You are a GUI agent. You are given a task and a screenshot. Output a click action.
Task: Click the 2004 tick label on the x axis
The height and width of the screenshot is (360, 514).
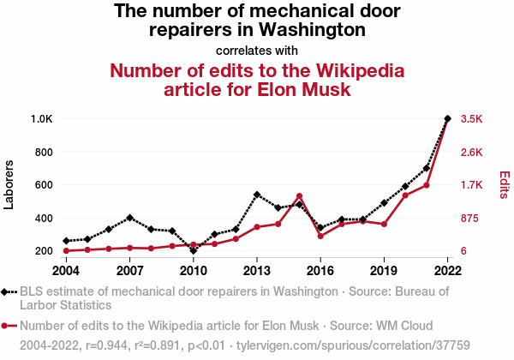click(x=66, y=271)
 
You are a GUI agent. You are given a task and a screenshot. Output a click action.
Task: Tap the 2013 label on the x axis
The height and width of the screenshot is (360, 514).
click(x=257, y=271)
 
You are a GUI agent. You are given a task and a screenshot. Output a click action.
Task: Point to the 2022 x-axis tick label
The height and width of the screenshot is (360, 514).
click(x=447, y=271)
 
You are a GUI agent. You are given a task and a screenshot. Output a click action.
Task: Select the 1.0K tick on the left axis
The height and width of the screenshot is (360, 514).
click(x=41, y=119)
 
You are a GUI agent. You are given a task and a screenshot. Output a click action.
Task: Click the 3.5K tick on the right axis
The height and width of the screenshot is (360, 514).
click(x=473, y=119)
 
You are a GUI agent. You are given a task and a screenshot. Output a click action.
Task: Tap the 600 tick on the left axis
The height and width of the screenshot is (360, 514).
click(x=44, y=185)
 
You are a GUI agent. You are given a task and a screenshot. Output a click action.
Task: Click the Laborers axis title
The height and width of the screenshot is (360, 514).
click(x=9, y=184)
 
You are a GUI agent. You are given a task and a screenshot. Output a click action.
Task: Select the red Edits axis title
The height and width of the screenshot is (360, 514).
click(x=505, y=185)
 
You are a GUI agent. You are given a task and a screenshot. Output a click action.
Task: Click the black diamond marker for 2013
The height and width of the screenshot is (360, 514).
click(x=257, y=195)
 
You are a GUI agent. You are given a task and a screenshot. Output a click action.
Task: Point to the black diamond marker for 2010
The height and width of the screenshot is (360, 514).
click(x=194, y=251)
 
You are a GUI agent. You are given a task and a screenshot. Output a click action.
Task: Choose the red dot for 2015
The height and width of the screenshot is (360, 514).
click(x=299, y=196)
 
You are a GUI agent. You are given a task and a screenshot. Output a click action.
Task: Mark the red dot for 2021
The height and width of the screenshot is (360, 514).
click(x=427, y=185)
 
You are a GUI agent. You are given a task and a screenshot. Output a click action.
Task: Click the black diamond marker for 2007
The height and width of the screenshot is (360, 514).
click(x=129, y=218)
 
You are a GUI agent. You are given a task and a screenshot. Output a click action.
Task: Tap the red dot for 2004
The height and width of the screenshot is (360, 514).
click(x=66, y=251)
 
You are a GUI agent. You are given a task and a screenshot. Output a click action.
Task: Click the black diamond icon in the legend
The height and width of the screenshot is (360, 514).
click(x=7, y=291)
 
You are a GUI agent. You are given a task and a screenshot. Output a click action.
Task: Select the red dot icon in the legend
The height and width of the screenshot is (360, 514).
click(x=7, y=326)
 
